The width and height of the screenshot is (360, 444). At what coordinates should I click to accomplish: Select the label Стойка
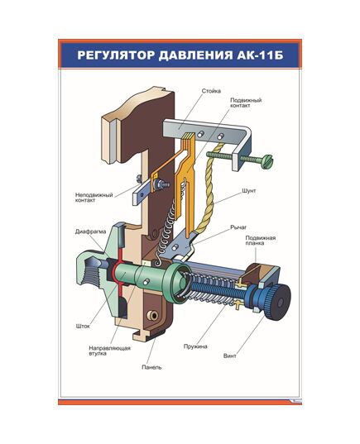pyautogui.click(x=211, y=91)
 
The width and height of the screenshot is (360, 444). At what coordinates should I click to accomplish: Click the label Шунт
pyautogui.click(x=247, y=189)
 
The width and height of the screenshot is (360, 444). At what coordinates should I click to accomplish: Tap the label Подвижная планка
pyautogui.click(x=259, y=241)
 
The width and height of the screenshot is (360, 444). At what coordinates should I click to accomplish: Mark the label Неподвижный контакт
pyautogui.click(x=92, y=198)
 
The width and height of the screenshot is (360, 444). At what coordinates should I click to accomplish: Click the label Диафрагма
pyautogui.click(x=90, y=232)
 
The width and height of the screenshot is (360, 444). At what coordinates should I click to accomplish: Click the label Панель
pyautogui.click(x=151, y=366)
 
